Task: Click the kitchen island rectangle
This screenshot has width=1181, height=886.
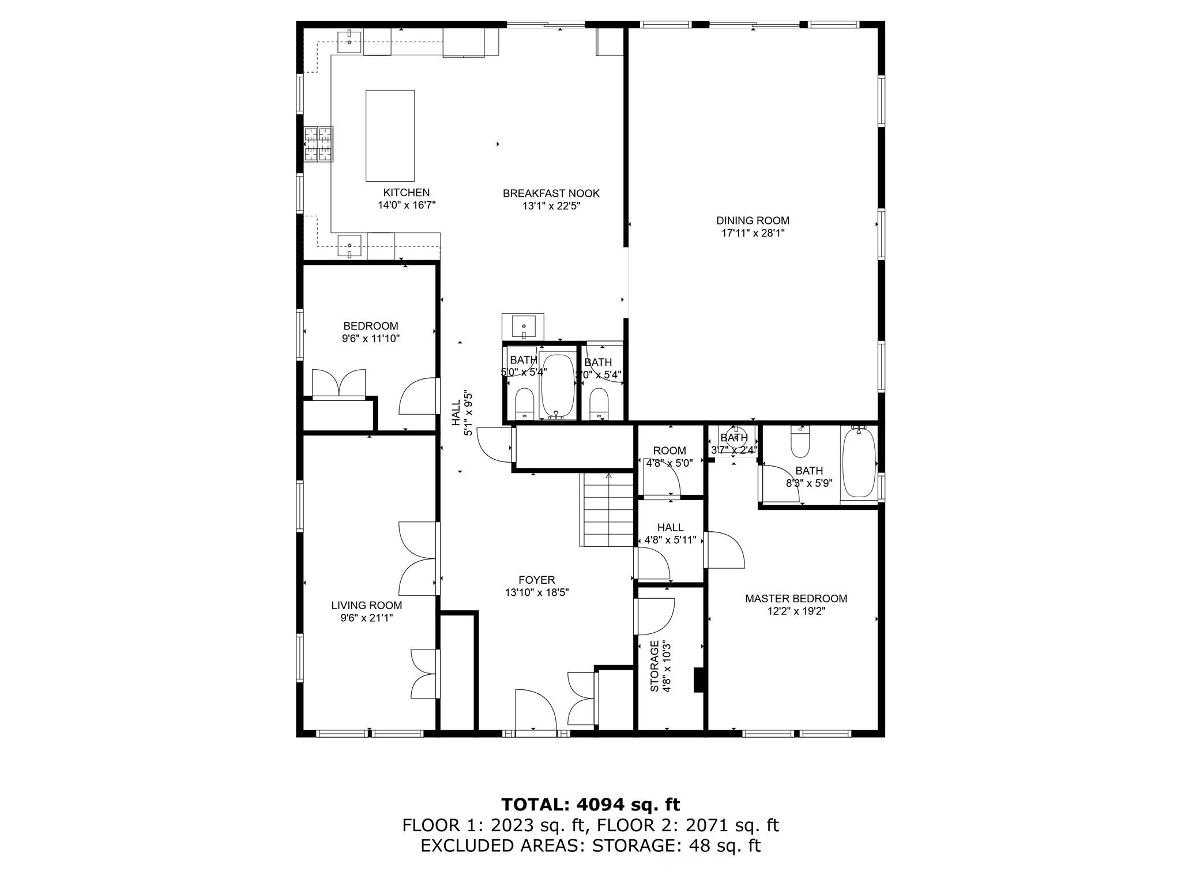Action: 390,136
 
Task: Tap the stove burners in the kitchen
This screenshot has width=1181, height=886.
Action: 318,144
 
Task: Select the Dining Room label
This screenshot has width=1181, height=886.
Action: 753,220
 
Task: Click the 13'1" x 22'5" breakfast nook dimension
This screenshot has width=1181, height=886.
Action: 551,206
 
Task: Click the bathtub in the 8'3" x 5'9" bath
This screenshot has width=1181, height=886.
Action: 859,463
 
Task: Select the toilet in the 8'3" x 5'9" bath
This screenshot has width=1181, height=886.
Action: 800,441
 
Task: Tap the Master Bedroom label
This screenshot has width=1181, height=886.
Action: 796,599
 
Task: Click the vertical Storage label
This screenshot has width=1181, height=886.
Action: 655,666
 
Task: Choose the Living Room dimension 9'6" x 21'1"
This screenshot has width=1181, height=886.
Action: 367,618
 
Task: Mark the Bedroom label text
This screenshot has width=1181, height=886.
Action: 370,326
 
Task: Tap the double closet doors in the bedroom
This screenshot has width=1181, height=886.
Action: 339,383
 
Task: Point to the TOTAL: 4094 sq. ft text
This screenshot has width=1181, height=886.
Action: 590,804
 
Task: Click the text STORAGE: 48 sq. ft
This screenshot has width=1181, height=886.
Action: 676,846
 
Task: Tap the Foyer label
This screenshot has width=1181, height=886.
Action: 536,580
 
